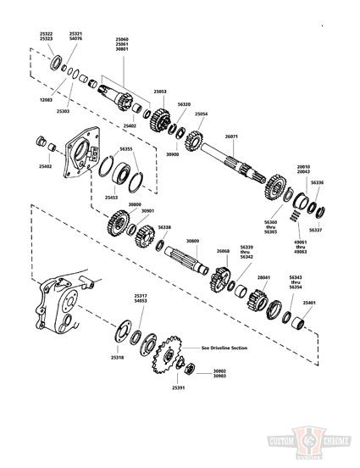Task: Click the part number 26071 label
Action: coord(231,136)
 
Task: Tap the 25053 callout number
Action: coord(160,91)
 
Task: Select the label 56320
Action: coord(184,103)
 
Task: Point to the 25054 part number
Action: coord(201,113)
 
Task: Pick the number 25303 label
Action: coord(64,111)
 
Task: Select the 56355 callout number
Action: coord(126,148)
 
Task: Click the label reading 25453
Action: coord(112,198)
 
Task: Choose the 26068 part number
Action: coord(223,251)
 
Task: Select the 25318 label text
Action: coord(117,358)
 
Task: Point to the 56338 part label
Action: coord(164,227)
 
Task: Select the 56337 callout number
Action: coord(315,230)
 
